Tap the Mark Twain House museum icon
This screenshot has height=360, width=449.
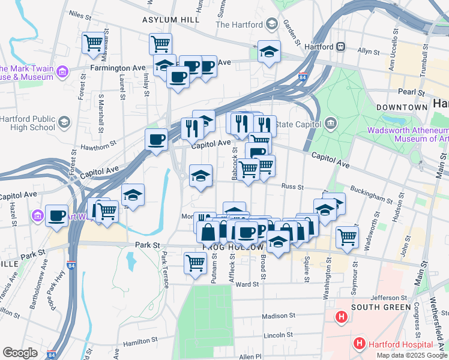[x=62, y=73]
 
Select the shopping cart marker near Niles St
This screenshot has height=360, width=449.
[x=94, y=43]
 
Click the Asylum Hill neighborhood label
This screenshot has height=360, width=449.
[x=170, y=20]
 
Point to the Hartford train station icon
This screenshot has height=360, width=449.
[x=340, y=46]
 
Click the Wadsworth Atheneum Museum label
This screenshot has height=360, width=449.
[x=408, y=134]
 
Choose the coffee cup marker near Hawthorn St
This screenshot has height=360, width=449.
[x=156, y=139]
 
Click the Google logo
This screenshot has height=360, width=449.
[x=20, y=353]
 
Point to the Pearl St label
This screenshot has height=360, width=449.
[x=411, y=93]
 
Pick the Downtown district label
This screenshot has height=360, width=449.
[x=402, y=107]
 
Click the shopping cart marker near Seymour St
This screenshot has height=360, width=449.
[x=347, y=236]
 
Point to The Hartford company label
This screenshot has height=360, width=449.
[x=239, y=25]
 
